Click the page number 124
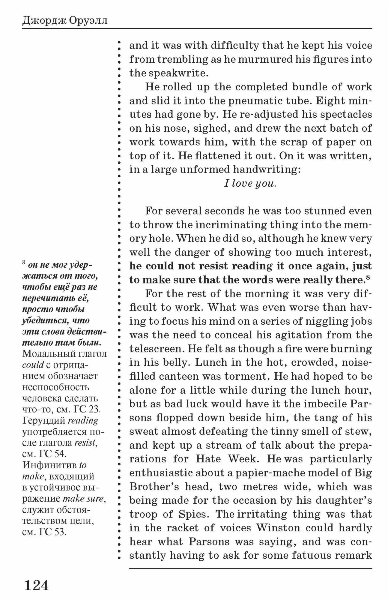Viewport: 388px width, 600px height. coord(36,585)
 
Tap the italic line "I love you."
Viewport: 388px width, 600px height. coord(250,183)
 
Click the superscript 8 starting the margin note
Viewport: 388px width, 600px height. coord(24,262)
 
